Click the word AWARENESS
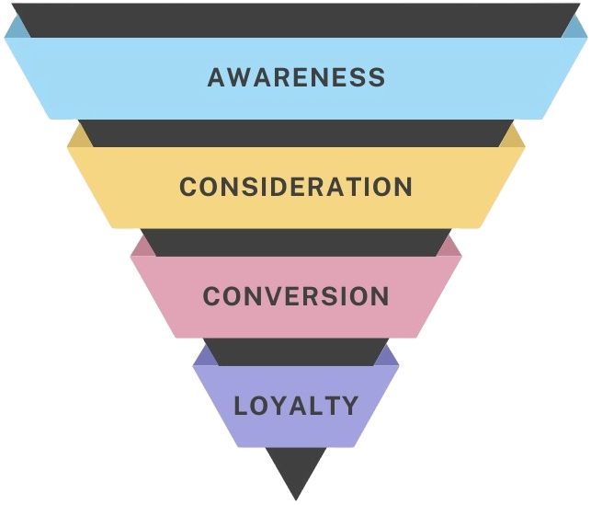(296, 76)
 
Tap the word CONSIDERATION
(296, 187)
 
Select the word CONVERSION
(296, 296)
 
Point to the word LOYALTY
(296, 405)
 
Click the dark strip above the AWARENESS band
(296, 18)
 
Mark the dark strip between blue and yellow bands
(296, 132)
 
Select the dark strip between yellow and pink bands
(296, 241)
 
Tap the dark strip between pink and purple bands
(296, 350)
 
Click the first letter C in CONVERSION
(211, 296)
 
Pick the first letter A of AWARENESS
(217, 76)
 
